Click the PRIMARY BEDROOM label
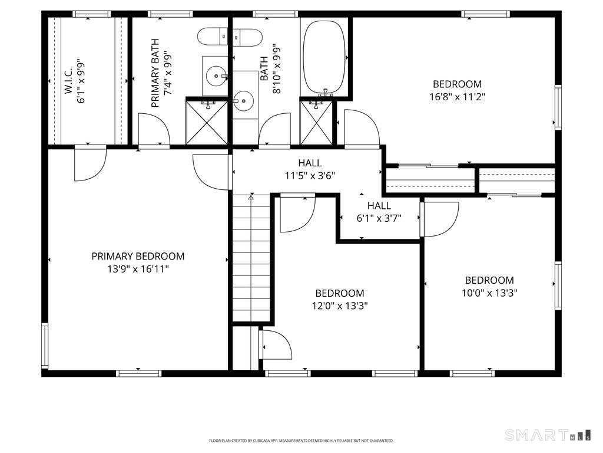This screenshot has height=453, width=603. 138,256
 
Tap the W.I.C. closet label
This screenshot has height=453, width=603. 68,81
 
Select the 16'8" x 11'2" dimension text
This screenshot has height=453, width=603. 457,96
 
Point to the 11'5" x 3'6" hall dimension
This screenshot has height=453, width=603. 310,176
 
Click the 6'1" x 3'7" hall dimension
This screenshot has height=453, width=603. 379,218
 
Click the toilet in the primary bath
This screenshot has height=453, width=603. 213,37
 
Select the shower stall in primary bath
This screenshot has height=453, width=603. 207,123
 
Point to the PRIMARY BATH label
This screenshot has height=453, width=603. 155,73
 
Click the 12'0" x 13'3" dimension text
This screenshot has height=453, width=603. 340,306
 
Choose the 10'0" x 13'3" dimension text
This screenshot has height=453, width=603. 489,293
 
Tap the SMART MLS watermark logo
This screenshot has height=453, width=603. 548,435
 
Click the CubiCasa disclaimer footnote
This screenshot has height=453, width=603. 301,441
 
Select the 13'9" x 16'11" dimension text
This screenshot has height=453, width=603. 138,269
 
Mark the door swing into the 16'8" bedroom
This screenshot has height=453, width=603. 362,128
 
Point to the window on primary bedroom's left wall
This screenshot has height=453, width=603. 45,346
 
